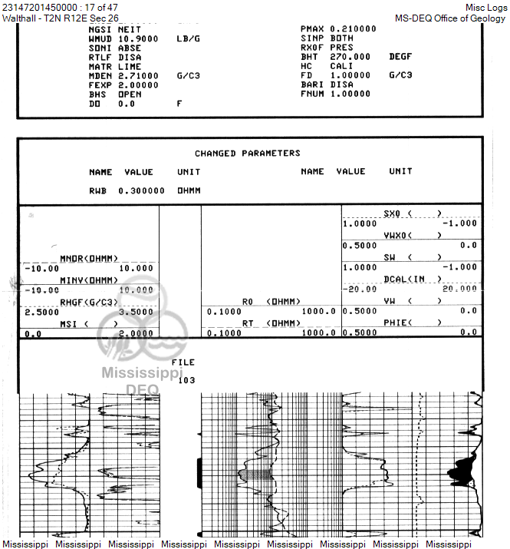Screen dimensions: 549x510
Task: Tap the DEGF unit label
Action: (x=400, y=57)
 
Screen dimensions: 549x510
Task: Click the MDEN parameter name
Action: (x=100, y=76)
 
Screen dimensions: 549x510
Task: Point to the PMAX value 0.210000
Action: (x=353, y=28)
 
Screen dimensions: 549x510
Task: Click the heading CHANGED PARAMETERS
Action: (x=247, y=154)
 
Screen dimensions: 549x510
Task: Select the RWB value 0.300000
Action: (x=141, y=190)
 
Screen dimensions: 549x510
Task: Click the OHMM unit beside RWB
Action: (x=189, y=190)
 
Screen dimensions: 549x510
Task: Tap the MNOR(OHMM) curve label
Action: (x=89, y=259)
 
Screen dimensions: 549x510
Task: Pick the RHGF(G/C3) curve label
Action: (x=89, y=302)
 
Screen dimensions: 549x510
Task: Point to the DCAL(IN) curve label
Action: (x=413, y=279)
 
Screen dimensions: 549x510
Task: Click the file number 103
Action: (x=186, y=380)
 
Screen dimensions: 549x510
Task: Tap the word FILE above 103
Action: (x=183, y=362)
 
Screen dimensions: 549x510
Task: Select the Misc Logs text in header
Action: (x=485, y=7)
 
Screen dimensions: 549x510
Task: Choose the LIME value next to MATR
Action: (x=130, y=67)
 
